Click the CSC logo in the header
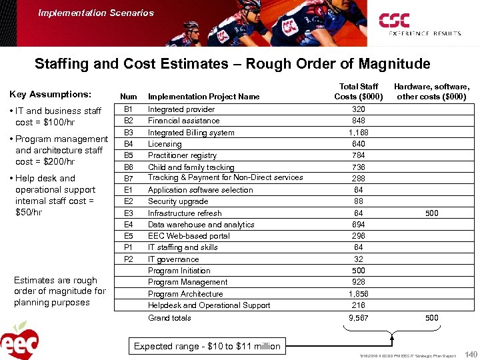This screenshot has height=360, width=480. (419, 24)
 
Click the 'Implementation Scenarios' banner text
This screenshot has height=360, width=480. (96, 13)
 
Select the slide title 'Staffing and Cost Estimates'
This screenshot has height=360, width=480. (232, 64)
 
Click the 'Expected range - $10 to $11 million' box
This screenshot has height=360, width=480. (207, 346)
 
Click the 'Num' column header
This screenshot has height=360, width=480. (129, 97)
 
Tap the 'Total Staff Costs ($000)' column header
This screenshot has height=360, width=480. (359, 91)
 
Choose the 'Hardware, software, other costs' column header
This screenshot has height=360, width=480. (431, 91)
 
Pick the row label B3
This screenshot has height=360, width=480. (129, 132)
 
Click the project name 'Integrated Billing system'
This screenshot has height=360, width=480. (191, 133)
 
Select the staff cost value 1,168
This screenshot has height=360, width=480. (359, 133)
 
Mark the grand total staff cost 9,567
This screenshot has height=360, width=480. (359, 318)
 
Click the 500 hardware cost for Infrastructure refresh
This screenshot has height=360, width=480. (432, 213)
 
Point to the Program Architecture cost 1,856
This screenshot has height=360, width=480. (359, 294)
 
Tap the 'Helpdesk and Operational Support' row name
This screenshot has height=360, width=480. (209, 305)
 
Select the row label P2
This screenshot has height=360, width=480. (129, 259)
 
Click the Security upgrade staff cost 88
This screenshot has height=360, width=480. (359, 201)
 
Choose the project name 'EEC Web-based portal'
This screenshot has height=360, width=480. (189, 236)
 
